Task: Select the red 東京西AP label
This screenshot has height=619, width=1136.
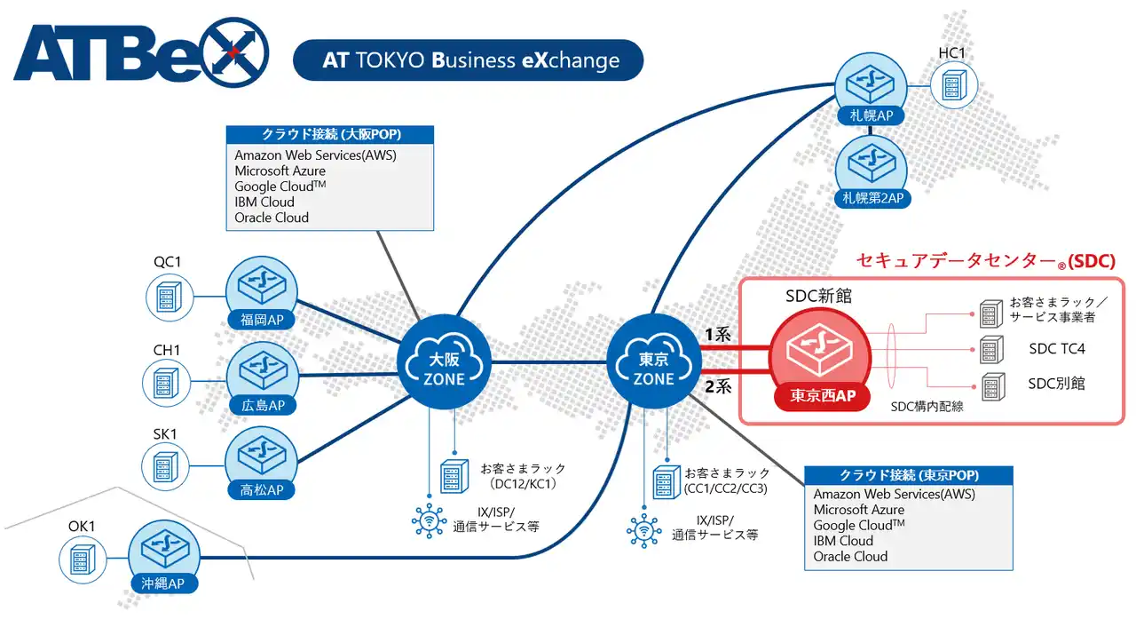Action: click(x=824, y=396)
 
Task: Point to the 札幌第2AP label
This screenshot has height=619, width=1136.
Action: click(x=870, y=198)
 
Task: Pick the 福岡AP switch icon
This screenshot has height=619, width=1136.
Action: click(x=262, y=287)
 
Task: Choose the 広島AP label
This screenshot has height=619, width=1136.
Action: click(x=262, y=405)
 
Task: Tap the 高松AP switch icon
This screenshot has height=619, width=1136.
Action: click(x=262, y=457)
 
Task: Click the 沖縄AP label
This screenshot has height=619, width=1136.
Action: click(x=164, y=583)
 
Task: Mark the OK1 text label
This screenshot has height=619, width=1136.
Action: click(x=82, y=527)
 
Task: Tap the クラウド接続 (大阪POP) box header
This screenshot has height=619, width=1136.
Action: click(x=330, y=135)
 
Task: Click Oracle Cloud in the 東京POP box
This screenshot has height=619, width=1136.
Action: click(x=850, y=557)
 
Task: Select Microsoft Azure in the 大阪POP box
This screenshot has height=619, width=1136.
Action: click(x=280, y=171)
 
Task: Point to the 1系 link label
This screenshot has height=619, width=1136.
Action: click(x=716, y=336)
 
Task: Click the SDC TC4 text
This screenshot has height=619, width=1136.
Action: click(x=1056, y=349)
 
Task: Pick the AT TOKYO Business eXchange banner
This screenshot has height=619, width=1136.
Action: click(x=468, y=60)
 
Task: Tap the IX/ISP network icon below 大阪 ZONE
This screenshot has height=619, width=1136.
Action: click(x=430, y=520)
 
